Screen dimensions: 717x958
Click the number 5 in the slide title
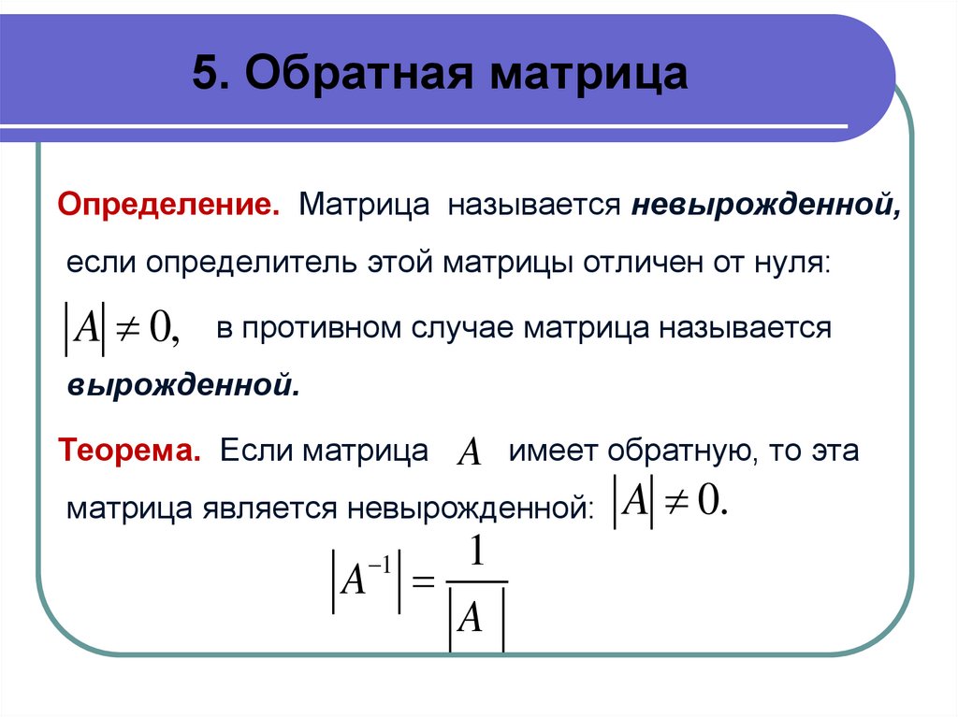203,75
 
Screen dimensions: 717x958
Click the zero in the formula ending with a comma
161,329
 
